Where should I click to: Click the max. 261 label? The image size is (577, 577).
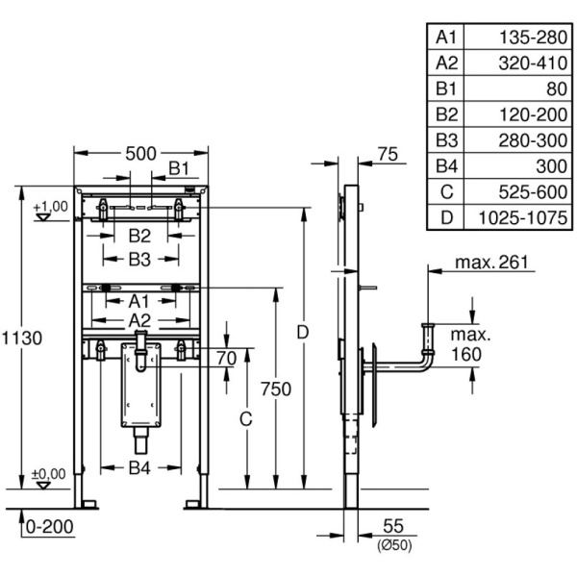pos(496,262)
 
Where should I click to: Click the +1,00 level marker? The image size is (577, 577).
pos(49,206)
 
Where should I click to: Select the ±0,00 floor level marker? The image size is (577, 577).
pos(49,473)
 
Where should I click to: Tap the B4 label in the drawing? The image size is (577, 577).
pos(141,468)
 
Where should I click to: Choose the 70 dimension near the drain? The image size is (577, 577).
pos(226,359)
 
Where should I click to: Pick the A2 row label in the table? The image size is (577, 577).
pos(446,63)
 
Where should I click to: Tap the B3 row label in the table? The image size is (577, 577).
pos(446,140)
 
